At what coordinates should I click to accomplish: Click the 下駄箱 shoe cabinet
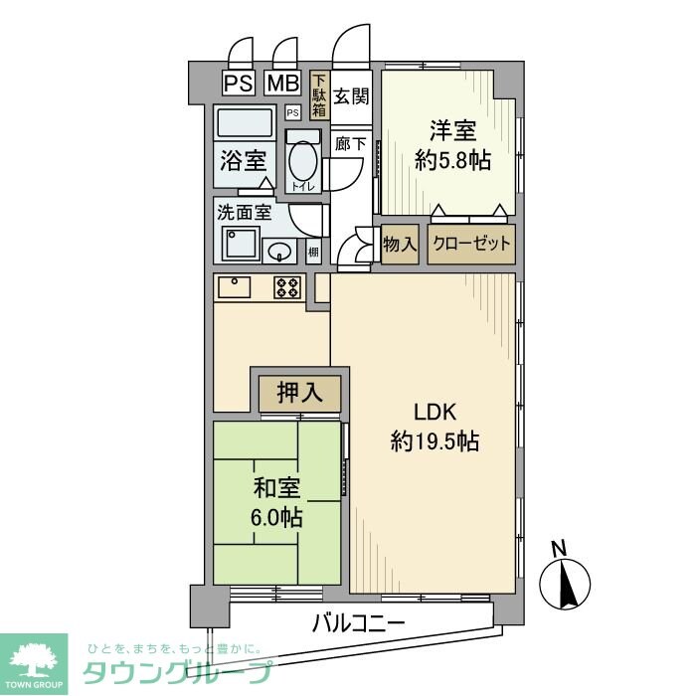pyautogui.click(x=318, y=96)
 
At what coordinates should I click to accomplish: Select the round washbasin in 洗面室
pyautogui.click(x=281, y=250)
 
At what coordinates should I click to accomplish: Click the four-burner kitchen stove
pyautogui.click(x=288, y=287)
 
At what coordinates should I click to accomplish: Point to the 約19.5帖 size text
pyautogui.click(x=434, y=440)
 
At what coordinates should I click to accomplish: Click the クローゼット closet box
pyautogui.click(x=472, y=244)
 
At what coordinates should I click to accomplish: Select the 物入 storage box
pyautogui.click(x=399, y=244)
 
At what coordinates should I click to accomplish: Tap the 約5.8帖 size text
pyautogui.click(x=452, y=161)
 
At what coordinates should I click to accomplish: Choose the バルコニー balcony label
pyautogui.click(x=358, y=624)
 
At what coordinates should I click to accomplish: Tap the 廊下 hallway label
pyautogui.click(x=349, y=142)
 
